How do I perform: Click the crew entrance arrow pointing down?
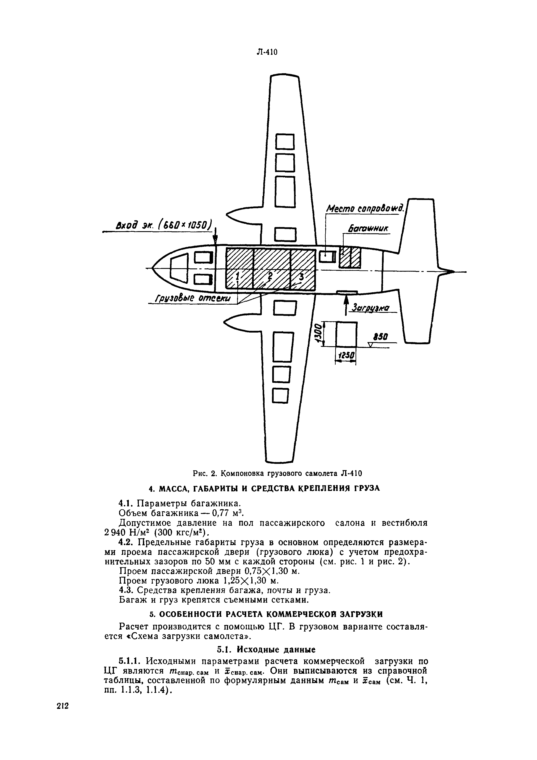(x=215, y=237)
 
